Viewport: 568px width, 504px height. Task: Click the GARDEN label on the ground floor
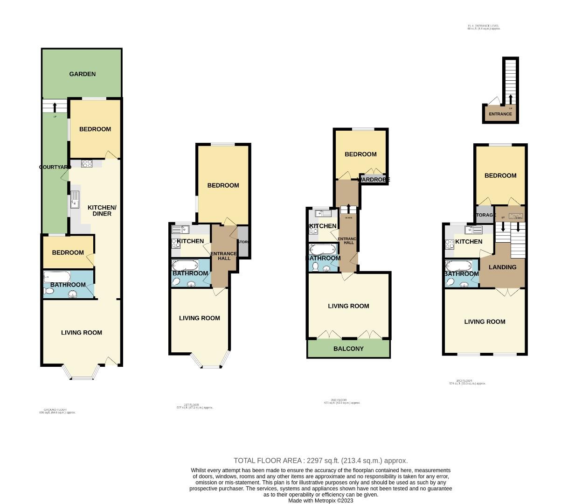[83, 74]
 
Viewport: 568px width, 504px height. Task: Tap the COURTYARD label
[55, 167]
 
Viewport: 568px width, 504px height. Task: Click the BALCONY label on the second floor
[348, 349]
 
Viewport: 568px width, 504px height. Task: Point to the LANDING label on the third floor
[502, 267]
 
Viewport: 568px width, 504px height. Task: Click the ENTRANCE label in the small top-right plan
[500, 114]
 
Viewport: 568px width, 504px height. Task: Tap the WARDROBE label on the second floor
[374, 180]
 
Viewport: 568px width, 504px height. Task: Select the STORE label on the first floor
[243, 242]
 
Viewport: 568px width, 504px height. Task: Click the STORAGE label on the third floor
[485, 215]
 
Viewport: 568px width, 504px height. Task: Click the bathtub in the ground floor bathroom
[56, 276]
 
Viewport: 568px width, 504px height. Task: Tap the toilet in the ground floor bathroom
[49, 291]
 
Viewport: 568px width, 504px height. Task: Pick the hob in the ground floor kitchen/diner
[87, 163]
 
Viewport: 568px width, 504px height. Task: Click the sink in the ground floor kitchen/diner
[75, 200]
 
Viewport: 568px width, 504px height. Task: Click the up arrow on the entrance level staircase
[510, 99]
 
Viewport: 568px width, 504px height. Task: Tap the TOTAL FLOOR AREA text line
[320, 461]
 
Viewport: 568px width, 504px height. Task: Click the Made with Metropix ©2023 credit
[320, 501]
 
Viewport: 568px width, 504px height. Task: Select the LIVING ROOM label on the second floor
[348, 306]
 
